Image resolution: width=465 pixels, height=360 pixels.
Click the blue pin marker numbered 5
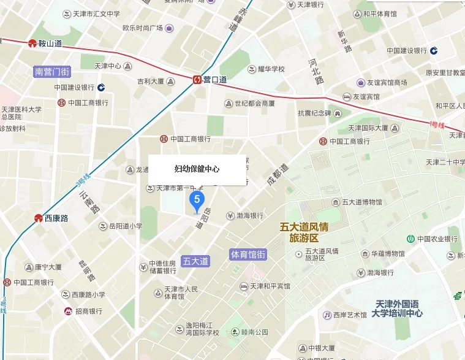click(196, 199)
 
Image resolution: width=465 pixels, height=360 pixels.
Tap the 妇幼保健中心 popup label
click(197, 169)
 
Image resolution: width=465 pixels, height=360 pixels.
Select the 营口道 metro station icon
click(197, 79)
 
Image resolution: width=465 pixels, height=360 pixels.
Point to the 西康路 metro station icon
click(38, 218)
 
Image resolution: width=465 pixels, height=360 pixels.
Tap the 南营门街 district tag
click(52, 72)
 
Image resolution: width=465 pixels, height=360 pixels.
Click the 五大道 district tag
click(196, 261)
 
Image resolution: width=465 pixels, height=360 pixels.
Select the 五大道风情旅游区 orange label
click(303, 232)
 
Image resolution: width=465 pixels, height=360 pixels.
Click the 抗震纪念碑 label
click(314, 113)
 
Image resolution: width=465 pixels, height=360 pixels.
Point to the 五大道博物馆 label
click(361, 202)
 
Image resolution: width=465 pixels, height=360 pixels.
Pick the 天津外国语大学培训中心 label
click(398, 308)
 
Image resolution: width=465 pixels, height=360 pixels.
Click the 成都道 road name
click(276, 175)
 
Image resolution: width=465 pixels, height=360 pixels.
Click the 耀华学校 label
click(270, 69)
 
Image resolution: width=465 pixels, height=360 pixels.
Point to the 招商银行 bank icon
click(68, 312)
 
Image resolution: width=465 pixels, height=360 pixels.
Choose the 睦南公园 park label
click(254, 332)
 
